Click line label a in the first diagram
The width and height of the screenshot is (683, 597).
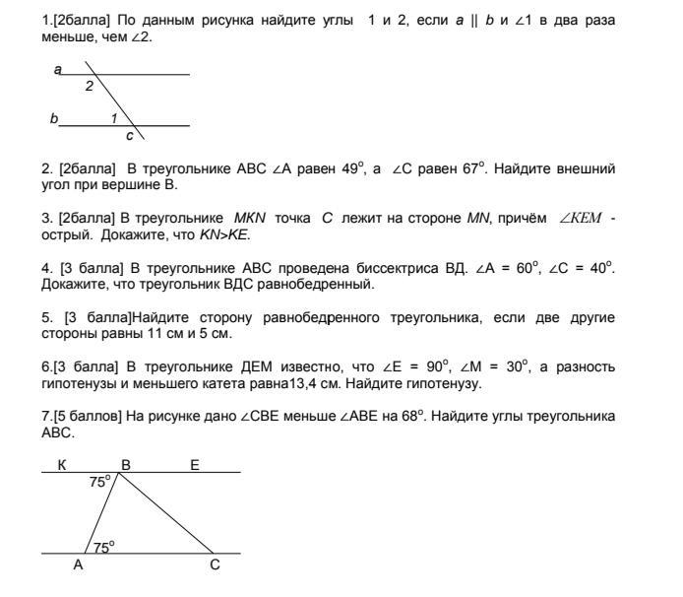point(58,69)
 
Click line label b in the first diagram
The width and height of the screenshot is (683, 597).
point(54,118)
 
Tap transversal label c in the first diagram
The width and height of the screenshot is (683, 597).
point(129,135)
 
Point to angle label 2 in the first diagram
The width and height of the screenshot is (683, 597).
point(90,86)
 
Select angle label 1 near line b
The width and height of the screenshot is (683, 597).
point(114,118)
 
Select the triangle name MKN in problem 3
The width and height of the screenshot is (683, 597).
point(251,217)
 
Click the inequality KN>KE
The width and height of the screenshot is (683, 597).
point(225,233)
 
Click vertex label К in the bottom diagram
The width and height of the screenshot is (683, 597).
point(62,464)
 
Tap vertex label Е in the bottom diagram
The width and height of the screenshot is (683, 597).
point(194,464)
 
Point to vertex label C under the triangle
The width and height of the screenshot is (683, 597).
point(215,565)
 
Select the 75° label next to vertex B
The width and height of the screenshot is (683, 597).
point(99,482)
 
